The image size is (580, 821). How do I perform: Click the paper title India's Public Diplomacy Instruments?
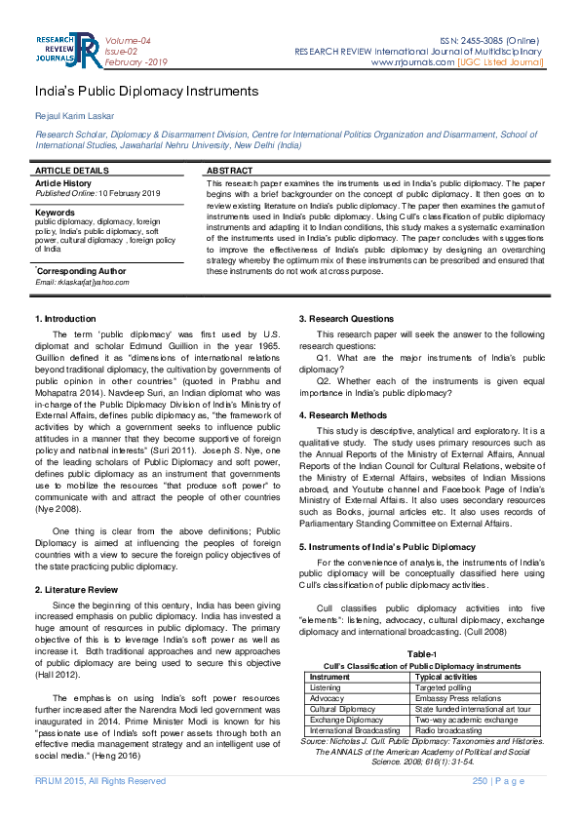pyautogui.click(x=146, y=92)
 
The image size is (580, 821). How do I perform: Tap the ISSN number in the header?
pyautogui.click(x=491, y=39)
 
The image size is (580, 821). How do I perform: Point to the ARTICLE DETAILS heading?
pyautogui.click(x=72, y=171)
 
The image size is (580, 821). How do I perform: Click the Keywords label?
pyautogui.click(x=55, y=212)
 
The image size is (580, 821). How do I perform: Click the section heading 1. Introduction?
pyautogui.click(x=65, y=319)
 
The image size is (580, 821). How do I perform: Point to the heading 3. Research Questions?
pyautogui.click(x=345, y=319)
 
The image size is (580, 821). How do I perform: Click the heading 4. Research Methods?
pyautogui.click(x=343, y=415)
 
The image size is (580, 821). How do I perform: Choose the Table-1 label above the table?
pyautogui.click(x=421, y=654)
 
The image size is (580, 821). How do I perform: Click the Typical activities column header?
pyautogui.click(x=446, y=676)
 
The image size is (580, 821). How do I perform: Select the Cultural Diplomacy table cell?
pyautogui.click(x=342, y=708)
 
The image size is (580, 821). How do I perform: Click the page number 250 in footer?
pyautogui.click(x=480, y=781)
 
